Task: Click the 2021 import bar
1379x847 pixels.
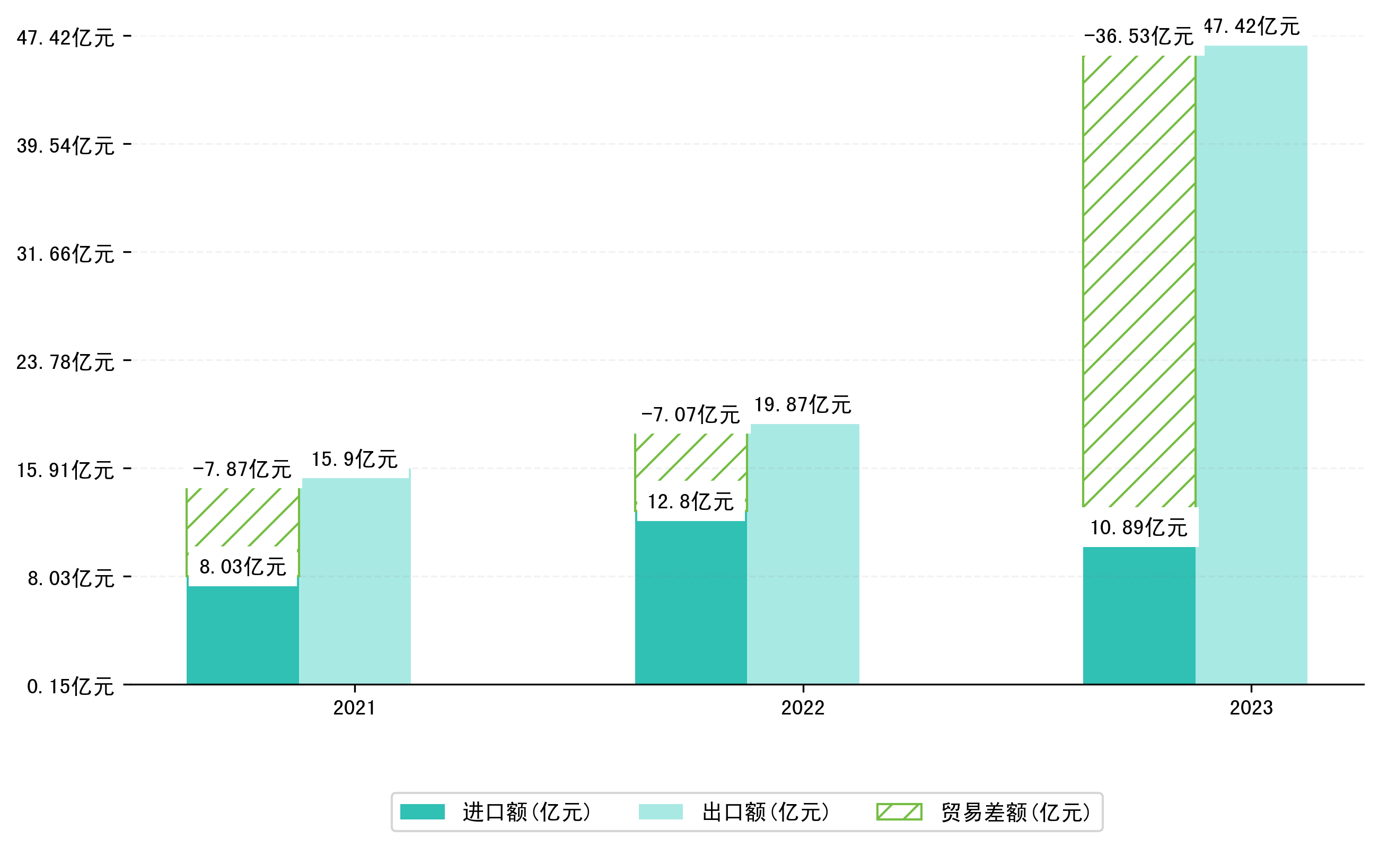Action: pyautogui.click(x=242, y=636)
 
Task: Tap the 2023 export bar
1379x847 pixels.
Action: pyautogui.click(x=1251, y=364)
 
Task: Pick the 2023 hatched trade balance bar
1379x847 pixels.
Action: pyautogui.click(x=1139, y=280)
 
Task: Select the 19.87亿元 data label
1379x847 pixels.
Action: pyautogui.click(x=802, y=405)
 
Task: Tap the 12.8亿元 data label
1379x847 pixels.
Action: pyautogui.click(x=690, y=502)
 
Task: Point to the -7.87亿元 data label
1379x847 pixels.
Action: pyautogui.click(x=242, y=470)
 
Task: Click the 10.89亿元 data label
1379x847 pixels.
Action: pyautogui.click(x=1139, y=528)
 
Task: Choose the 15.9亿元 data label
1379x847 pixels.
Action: pyautogui.click(x=355, y=460)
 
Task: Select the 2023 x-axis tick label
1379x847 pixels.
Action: pyautogui.click(x=1251, y=708)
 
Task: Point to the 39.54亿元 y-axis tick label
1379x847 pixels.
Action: pyautogui.click(x=66, y=146)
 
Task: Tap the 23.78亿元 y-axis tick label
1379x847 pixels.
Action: pyautogui.click(x=66, y=363)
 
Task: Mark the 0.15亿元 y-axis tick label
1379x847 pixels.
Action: pyautogui.click(x=71, y=687)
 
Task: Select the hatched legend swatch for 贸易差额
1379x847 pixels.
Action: pyautogui.click(x=899, y=811)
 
